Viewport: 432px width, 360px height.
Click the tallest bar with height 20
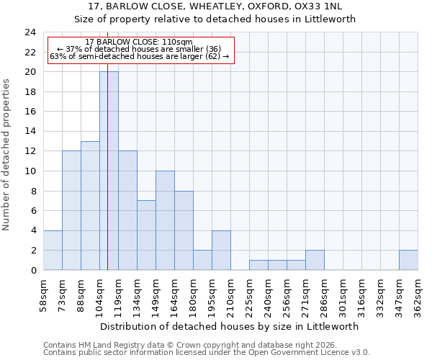tap(109, 171)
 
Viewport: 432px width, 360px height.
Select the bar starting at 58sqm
tap(53, 251)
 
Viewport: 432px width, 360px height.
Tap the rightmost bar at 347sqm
tap(408, 260)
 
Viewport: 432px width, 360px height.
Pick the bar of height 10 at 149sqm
tap(165, 220)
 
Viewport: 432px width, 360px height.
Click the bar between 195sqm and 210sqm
tap(221, 251)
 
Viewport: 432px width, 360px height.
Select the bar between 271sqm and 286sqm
tap(315, 260)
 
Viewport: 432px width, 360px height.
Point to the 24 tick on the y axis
tap(30, 32)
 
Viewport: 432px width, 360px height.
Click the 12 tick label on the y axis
tap(30, 151)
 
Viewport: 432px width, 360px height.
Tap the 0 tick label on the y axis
tap(32, 271)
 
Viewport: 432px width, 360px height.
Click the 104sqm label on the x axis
tap(99, 294)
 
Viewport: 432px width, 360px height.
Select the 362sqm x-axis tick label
tap(418, 294)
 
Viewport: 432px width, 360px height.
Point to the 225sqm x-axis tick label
tap(249, 294)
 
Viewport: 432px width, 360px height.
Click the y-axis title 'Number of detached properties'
tap(7, 155)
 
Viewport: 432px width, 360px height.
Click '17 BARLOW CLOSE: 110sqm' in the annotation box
tap(138, 42)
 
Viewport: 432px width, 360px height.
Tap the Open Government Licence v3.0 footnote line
tap(206, 352)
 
